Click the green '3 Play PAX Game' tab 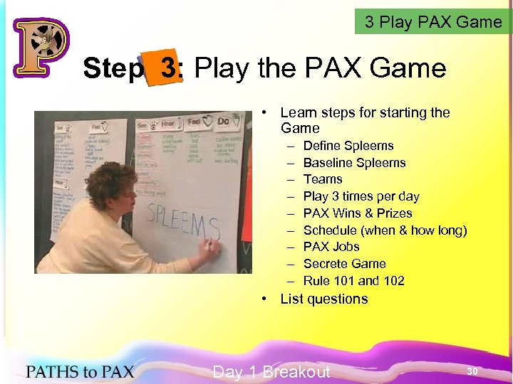(x=433, y=22)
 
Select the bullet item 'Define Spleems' (x=348, y=146)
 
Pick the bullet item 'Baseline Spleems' (x=354, y=163)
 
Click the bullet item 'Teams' (x=323, y=179)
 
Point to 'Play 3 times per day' (x=361, y=196)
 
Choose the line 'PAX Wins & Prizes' (x=358, y=213)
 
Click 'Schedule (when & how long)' (x=385, y=230)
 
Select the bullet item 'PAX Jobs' (x=331, y=247)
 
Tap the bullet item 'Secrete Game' (x=344, y=264)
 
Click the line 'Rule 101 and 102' (x=353, y=281)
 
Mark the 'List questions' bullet (x=324, y=299)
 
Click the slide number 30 (x=472, y=371)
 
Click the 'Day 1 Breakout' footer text (x=271, y=371)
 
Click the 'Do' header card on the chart (x=223, y=122)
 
